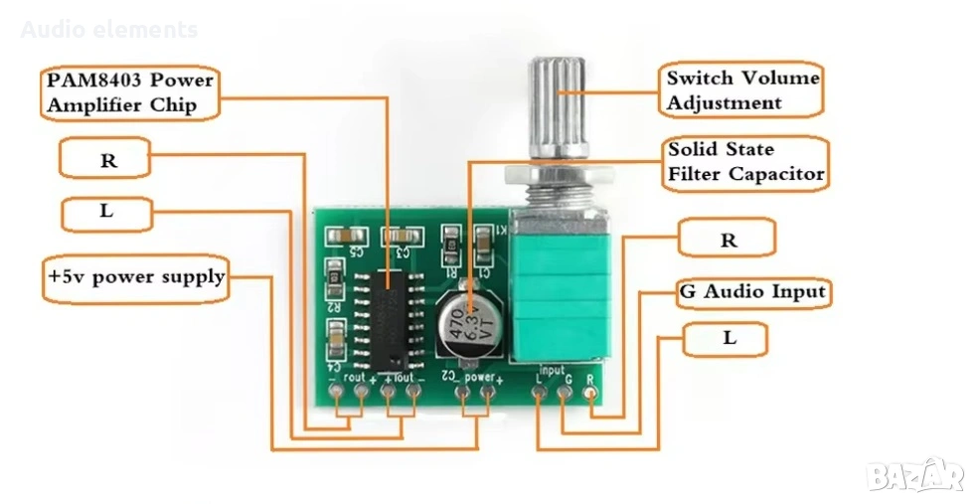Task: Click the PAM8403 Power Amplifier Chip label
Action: [x=129, y=92]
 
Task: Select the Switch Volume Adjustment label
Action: [x=743, y=90]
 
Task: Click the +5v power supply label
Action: [x=136, y=276]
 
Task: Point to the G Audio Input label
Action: [x=753, y=292]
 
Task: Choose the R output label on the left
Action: [x=107, y=160]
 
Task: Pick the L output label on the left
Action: [x=107, y=213]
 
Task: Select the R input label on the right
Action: [x=728, y=240]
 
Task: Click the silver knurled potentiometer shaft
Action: [x=559, y=109]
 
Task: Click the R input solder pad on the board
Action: [x=592, y=394]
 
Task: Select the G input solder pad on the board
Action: [x=567, y=394]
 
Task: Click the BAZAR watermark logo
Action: [x=915, y=475]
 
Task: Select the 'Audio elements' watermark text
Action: [x=109, y=30]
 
